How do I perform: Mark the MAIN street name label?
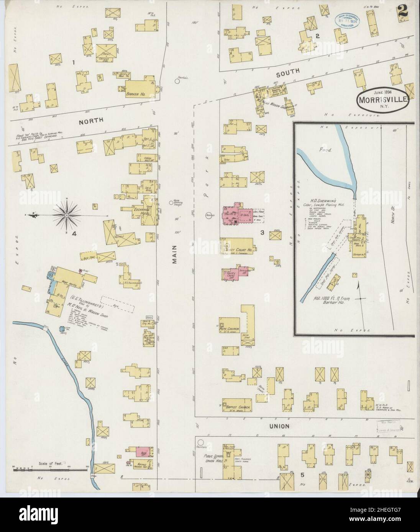coord(174,254)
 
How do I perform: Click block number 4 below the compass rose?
coord(75,232)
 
